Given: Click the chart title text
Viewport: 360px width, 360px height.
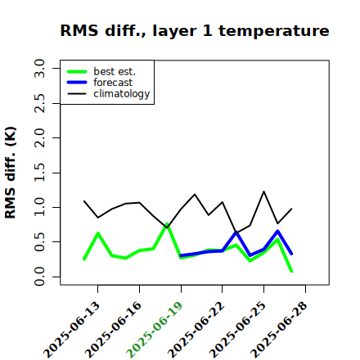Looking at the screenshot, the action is coord(195,30).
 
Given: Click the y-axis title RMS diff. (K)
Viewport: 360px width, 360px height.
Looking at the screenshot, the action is coord(11,173).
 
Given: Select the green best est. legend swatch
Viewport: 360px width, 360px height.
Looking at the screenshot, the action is coord(77,72).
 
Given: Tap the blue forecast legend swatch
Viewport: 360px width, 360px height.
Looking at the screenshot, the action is coord(77,83).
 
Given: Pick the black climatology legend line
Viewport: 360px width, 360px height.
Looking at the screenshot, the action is coord(77,93).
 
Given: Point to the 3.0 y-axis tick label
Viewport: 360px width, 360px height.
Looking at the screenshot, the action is coord(39,68).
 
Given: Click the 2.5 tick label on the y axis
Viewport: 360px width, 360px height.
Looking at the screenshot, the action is coord(39,103).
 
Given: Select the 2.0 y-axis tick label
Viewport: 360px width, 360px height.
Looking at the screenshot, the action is coord(39,137).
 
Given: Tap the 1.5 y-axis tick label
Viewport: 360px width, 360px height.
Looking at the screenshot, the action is coord(39,173).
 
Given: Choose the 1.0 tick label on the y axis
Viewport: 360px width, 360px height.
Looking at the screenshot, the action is coord(39,207).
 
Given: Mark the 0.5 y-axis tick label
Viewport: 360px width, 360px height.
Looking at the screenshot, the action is coord(39,242).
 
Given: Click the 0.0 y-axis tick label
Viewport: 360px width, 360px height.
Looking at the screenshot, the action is coord(39,277).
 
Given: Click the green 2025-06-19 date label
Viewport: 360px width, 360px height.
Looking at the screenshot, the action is coord(155,330).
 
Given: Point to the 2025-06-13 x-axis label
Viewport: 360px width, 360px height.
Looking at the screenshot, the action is coord(71,330).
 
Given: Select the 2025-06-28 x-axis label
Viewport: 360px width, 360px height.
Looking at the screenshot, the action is coord(279,330).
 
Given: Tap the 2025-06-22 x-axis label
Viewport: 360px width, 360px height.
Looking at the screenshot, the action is coord(196,330).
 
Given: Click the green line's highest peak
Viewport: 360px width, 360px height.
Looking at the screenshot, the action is coord(167,224).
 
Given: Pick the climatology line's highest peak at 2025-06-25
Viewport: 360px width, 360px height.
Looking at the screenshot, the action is coord(263,191).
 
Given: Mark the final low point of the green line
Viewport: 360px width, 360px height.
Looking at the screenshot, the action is coord(291,271).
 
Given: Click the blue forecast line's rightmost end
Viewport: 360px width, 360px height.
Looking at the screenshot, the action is coord(291,254).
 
